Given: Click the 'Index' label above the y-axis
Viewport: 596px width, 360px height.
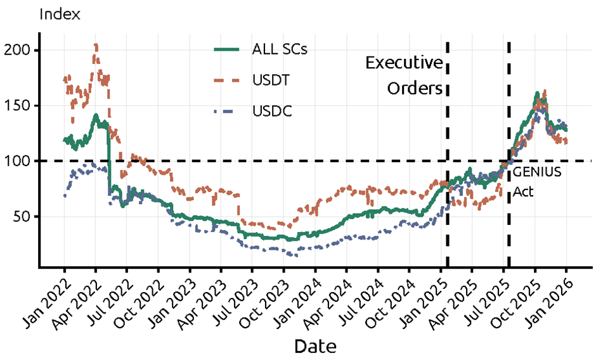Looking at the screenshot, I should [x=60, y=14].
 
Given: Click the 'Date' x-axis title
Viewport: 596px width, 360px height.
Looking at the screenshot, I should [x=315, y=346].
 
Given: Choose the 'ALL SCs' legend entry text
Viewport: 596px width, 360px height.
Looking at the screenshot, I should [x=280, y=49].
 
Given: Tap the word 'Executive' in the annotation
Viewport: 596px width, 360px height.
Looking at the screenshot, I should [x=404, y=63].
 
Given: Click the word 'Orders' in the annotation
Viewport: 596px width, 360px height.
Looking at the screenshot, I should [x=415, y=88].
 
